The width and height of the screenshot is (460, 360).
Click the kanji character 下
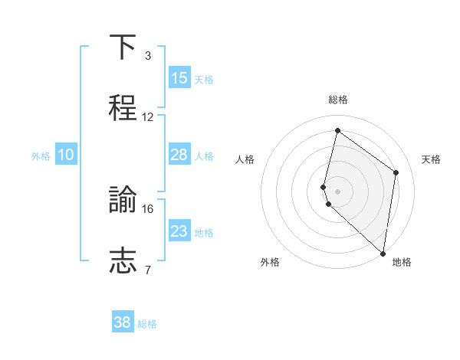click(123, 48)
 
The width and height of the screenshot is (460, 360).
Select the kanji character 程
click(123, 108)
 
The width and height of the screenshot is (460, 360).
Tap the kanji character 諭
click(123, 200)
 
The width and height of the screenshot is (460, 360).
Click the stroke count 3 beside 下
click(148, 56)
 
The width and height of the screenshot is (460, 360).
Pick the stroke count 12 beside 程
click(148, 117)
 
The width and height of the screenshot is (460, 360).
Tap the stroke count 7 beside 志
click(148, 270)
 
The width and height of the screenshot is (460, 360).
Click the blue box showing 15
click(179, 78)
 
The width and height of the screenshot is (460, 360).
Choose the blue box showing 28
click(179, 155)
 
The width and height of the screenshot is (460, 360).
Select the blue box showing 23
click(179, 231)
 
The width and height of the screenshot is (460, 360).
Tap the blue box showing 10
click(66, 155)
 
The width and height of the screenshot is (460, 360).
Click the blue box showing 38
click(123, 322)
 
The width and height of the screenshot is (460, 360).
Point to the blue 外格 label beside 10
click(41, 156)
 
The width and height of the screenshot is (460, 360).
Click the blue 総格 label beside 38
click(147, 324)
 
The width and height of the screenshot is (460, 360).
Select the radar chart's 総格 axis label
click(337, 100)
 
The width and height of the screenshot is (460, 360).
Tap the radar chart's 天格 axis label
click(431, 159)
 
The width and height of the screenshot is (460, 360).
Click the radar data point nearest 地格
click(383, 253)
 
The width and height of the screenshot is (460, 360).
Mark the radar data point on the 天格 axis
click(396, 172)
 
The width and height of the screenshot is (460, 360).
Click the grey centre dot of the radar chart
click(337, 191)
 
